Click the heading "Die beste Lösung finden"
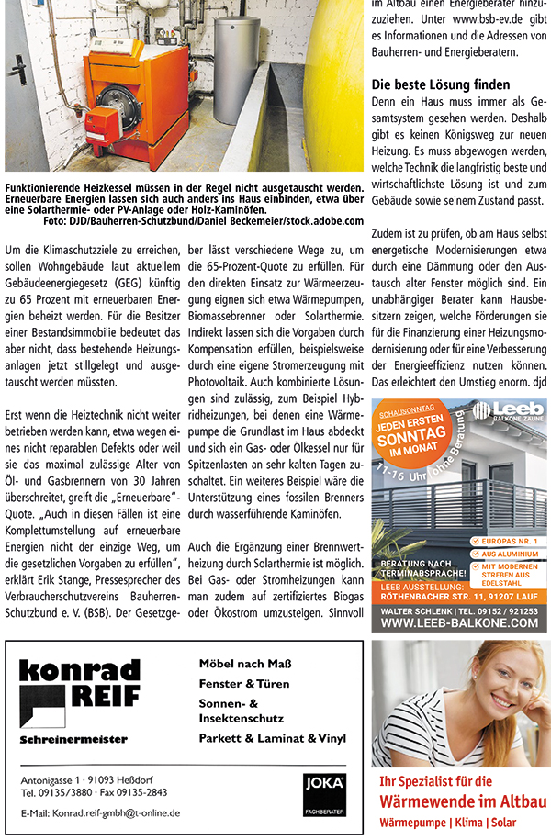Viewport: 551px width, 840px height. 440,85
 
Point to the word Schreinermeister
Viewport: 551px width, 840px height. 73,739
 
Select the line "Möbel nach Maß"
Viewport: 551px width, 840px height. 238,664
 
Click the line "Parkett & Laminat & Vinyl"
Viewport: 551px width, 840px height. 272,737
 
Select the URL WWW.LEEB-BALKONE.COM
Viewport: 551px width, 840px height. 458,622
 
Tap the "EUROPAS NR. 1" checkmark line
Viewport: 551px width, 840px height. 508,542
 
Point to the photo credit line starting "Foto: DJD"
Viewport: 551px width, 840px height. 202,221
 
